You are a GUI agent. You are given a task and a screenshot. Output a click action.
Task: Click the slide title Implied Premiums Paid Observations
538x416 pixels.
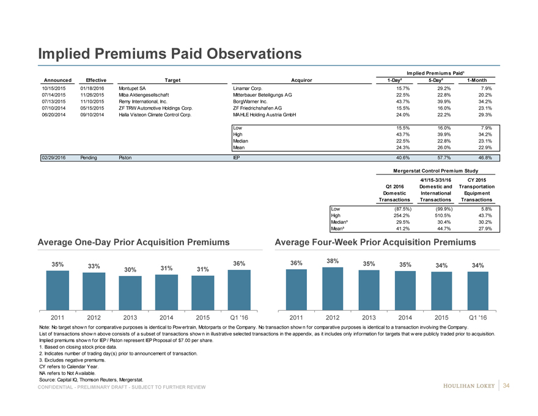[x=169, y=54]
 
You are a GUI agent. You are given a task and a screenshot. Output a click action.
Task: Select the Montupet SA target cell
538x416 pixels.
[x=132, y=88]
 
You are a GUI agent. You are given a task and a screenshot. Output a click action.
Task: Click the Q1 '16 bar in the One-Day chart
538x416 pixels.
[x=239, y=289]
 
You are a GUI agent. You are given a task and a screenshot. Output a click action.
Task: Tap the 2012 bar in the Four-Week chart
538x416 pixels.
[x=333, y=288]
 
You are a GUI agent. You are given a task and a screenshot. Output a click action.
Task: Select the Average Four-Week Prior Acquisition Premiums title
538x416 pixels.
[x=375, y=243]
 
